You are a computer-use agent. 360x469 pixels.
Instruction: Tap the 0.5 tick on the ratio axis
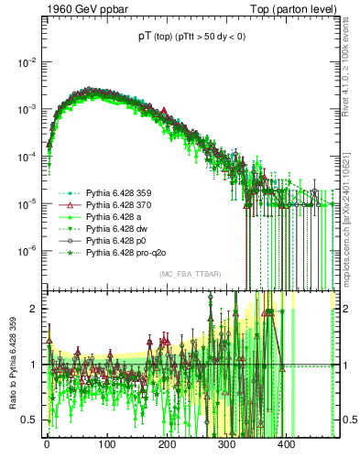point(31,420)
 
